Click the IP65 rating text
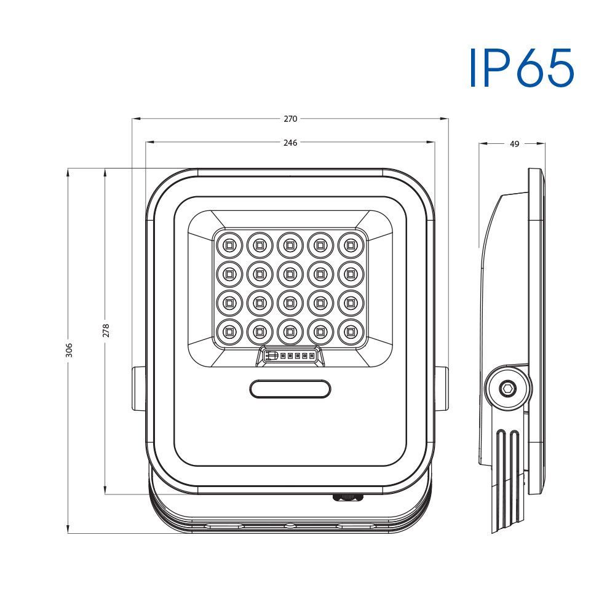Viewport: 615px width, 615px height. pos(522,68)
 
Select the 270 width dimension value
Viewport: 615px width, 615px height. pos(290,119)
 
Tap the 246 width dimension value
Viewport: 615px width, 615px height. pos(290,143)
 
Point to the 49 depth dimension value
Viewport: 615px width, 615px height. pos(514,144)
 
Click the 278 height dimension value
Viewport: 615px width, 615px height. pos(106,331)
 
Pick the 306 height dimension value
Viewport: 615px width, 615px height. pos(69,350)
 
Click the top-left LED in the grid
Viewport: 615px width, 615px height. pos(228,245)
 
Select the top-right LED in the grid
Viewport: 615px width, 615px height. pos(351,245)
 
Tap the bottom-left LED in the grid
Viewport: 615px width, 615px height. pos(228,332)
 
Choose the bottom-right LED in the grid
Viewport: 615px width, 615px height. pos(351,332)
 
